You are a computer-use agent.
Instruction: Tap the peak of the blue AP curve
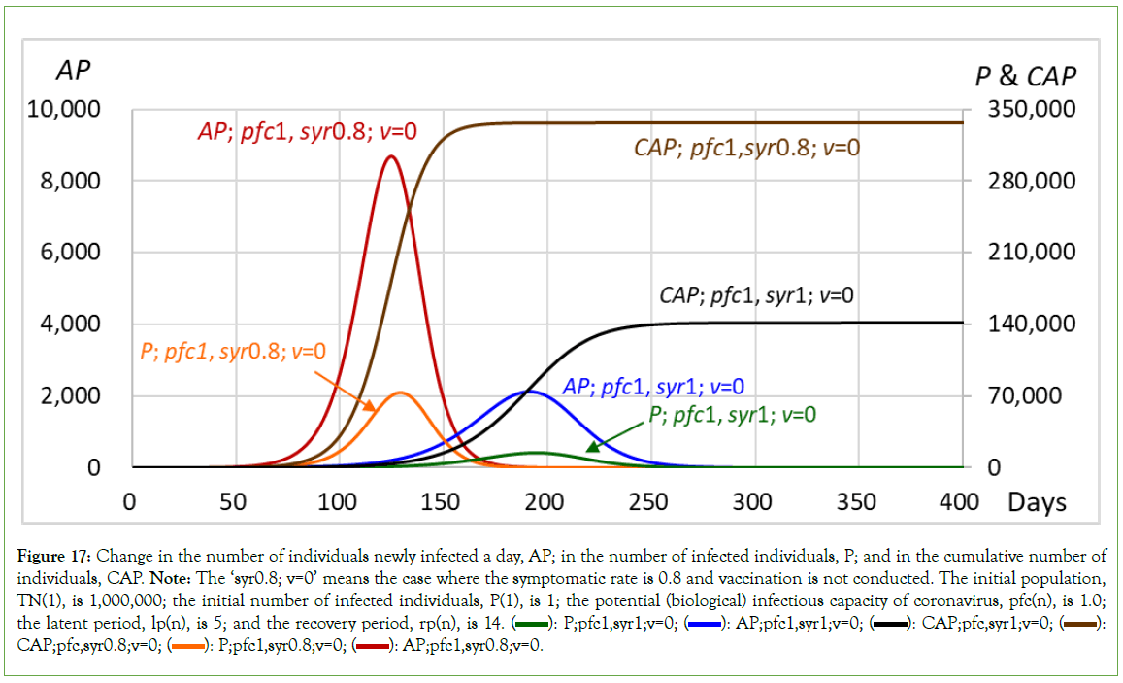coord(529,392)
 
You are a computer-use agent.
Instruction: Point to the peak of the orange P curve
coord(400,393)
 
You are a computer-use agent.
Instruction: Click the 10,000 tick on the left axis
coord(66,109)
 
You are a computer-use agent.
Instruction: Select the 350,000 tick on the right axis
coord(1032,109)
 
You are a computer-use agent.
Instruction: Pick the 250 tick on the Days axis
coord(648,502)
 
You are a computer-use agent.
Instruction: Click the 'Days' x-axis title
coord(1037,502)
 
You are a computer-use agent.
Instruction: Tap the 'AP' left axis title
coord(74,70)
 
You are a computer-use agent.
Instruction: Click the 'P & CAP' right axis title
coord(1025,77)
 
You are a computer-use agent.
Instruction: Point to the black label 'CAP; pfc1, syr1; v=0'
coord(756,294)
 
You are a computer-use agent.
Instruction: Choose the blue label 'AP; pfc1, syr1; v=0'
coord(653,386)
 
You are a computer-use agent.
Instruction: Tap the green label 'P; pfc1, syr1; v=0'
coord(733,414)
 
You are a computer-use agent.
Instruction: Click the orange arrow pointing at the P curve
coord(340,386)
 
